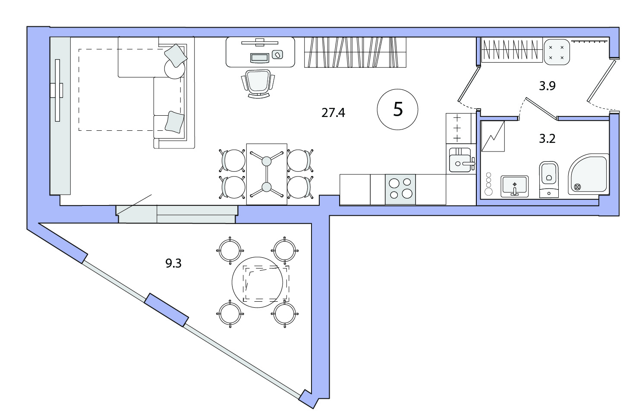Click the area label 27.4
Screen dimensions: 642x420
(x=333, y=113)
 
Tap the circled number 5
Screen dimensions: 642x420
(x=397, y=110)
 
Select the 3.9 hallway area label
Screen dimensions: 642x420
(x=547, y=86)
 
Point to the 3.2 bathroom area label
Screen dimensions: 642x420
(x=547, y=139)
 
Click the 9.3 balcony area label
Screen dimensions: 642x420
(x=173, y=263)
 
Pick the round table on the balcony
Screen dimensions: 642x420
(x=258, y=282)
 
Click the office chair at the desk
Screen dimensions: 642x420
(x=258, y=84)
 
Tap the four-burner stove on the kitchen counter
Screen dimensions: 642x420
(x=400, y=189)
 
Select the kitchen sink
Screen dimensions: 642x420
(x=461, y=160)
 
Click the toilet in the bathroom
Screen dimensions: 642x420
(x=549, y=180)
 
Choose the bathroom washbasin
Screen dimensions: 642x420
(x=514, y=186)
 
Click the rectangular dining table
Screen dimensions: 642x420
(x=267, y=174)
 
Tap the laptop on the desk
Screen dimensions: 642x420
(x=260, y=58)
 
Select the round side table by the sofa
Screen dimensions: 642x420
(x=175, y=69)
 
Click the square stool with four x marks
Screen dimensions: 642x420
(x=556, y=52)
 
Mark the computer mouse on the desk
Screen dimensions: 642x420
(x=277, y=54)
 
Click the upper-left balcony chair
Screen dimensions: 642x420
(x=230, y=250)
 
